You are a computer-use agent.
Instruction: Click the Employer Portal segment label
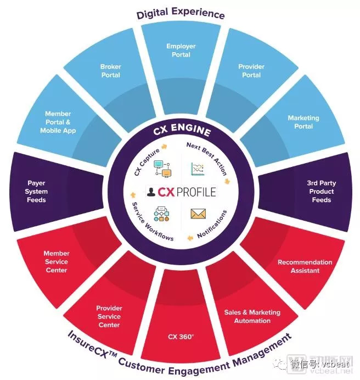[181, 51]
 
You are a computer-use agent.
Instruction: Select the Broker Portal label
[110, 71]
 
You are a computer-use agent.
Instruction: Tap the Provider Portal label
[251, 71]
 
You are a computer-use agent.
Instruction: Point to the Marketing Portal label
[303, 122]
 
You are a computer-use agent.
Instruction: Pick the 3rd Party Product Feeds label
[321, 192]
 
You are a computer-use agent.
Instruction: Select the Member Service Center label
[57, 262]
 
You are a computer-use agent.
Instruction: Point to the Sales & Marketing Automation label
[252, 316]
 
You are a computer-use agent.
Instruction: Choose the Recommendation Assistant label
[305, 266]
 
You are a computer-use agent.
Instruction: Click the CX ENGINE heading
[181, 132]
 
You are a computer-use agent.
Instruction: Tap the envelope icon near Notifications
[198, 214]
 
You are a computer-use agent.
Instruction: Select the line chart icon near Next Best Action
[198, 169]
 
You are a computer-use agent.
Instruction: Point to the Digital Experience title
[181, 12]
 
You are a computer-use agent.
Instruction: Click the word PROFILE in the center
[196, 192]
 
